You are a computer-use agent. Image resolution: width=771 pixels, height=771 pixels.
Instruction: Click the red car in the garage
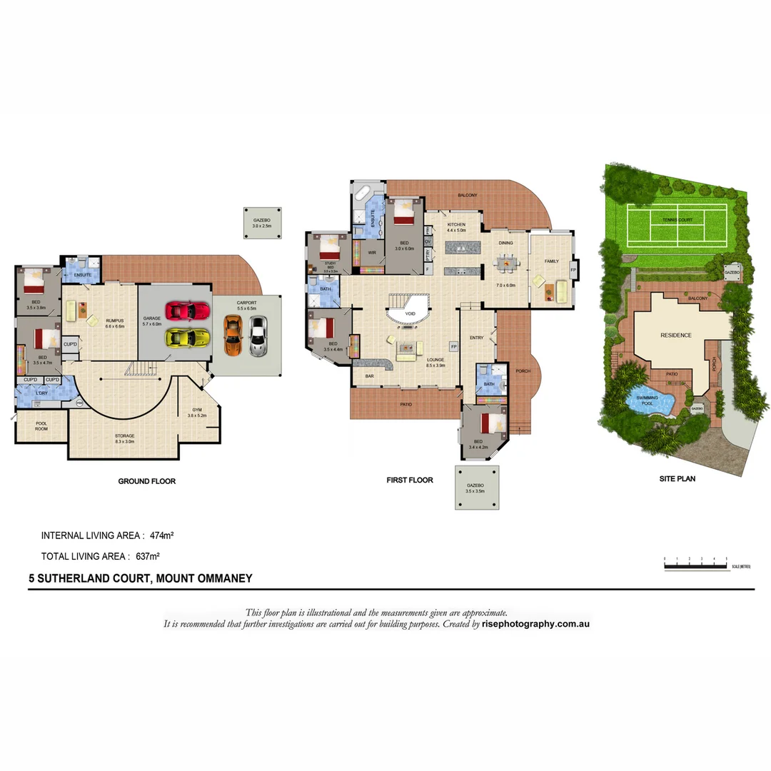(187, 311)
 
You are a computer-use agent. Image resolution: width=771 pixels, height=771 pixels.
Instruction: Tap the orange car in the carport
(233, 336)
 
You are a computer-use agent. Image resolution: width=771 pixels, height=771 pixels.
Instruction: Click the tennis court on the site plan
(676, 220)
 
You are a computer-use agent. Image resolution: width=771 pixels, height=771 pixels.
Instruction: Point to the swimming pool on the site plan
(650, 403)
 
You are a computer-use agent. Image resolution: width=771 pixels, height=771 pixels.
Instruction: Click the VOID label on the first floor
(410, 313)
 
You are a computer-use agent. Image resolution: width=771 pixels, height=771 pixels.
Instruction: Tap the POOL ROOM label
(41, 426)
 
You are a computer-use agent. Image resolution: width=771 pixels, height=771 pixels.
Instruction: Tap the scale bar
(695, 566)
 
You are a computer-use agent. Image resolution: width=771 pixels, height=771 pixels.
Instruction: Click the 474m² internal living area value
(163, 535)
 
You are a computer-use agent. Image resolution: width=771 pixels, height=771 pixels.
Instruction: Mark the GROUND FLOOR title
(146, 481)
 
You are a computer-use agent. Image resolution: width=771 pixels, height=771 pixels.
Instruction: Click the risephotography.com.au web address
(535, 623)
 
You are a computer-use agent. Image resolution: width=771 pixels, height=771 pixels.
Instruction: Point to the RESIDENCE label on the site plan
(675, 335)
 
